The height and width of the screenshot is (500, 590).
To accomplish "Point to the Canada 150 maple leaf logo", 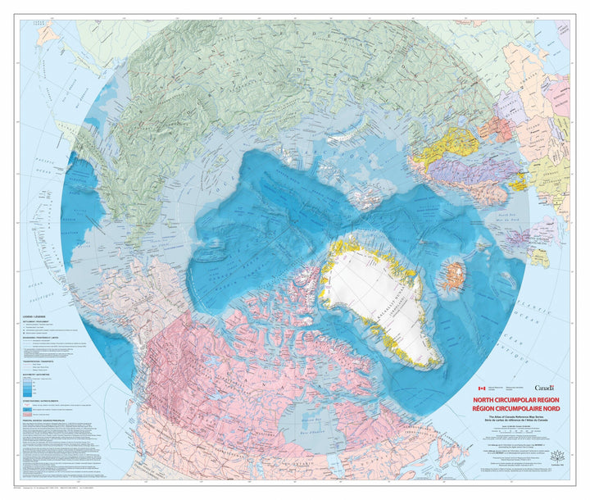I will [560, 457].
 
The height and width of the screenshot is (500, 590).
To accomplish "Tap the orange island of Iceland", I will [453, 276].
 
